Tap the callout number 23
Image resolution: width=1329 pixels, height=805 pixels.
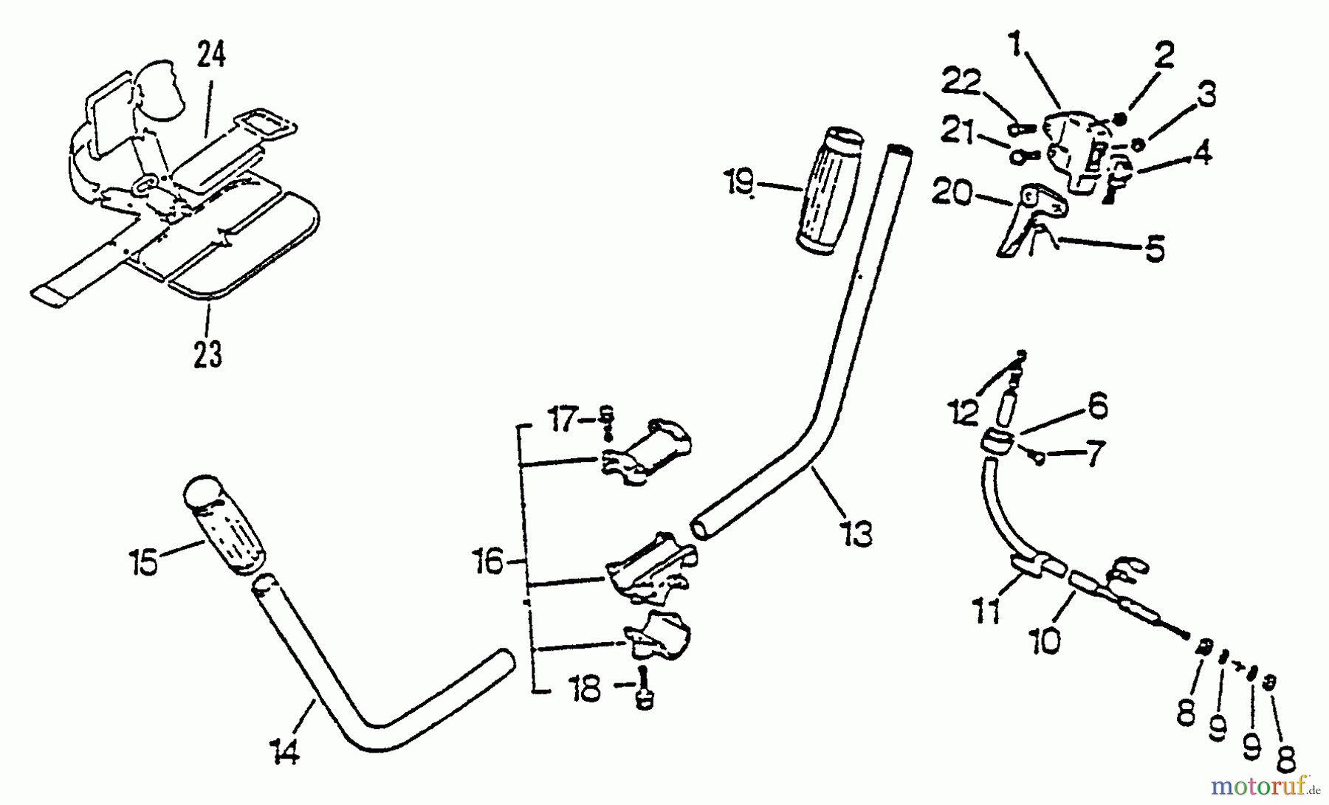207,354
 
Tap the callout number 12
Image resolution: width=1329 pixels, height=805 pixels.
964,412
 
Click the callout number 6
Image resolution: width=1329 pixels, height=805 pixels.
1098,406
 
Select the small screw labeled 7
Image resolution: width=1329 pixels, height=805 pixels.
1038,460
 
